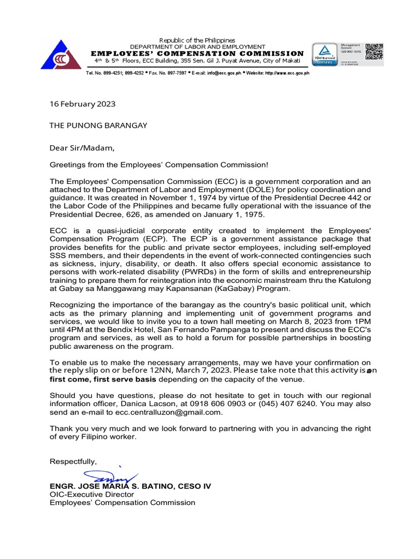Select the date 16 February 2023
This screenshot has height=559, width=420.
[83, 103]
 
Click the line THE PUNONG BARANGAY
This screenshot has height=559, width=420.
[98, 126]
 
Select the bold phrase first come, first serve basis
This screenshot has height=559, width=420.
[98, 379]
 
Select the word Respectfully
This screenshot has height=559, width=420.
[73, 462]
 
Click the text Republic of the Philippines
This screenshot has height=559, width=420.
[197, 40]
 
